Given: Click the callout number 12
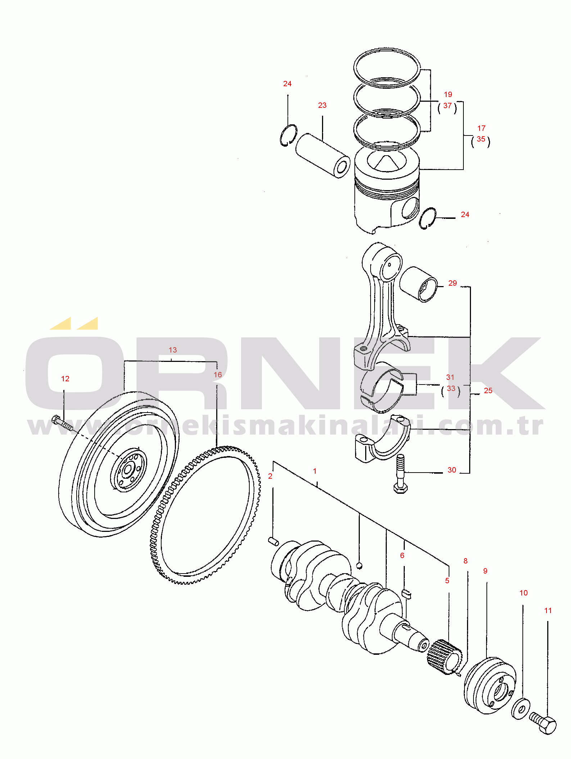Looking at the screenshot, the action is click(x=65, y=379).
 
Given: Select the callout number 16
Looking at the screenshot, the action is click(x=218, y=375).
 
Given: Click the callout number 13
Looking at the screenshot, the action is click(x=173, y=350).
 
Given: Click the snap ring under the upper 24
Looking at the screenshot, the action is click(x=288, y=135).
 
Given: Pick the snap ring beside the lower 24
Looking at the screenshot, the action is click(x=427, y=218).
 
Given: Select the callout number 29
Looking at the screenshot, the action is click(x=453, y=283).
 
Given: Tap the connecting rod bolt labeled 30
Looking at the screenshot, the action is click(x=400, y=474).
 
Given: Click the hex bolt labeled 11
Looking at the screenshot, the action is click(x=543, y=723).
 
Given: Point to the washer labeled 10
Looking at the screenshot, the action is click(x=520, y=708).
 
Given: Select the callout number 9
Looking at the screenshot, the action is click(x=485, y=571).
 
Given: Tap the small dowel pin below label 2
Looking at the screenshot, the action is click(x=273, y=541).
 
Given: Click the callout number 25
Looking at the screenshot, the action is click(x=488, y=391).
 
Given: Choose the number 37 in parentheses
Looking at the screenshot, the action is click(x=447, y=106).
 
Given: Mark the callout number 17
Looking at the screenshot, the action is click(x=481, y=128).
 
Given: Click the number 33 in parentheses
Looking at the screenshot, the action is click(x=451, y=388).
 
